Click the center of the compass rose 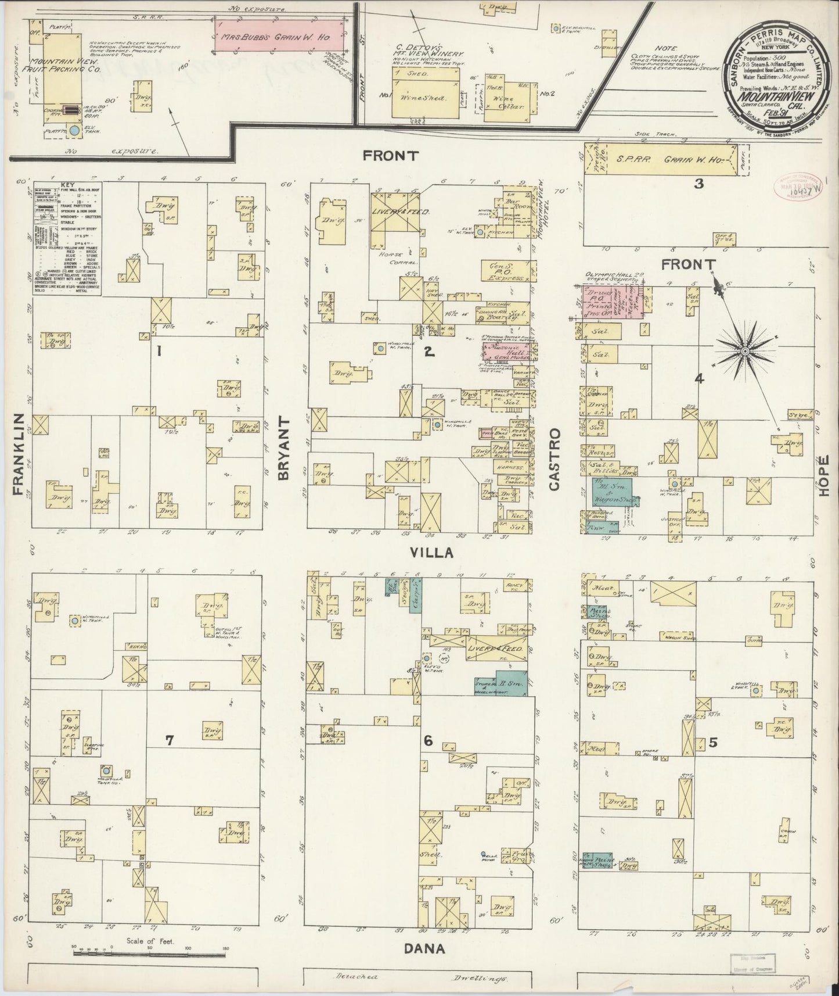(745, 351)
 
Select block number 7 (169, 741)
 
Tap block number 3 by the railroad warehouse (699, 184)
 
